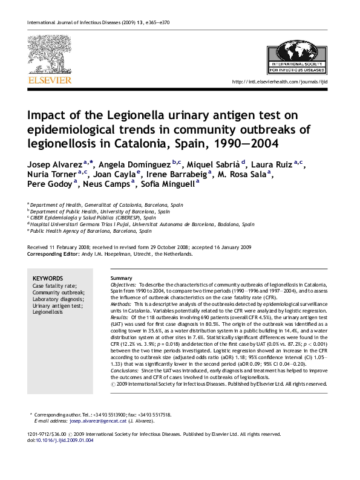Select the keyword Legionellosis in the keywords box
click(x=48, y=313)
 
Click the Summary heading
click(x=121, y=277)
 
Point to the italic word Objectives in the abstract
click(x=123, y=284)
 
